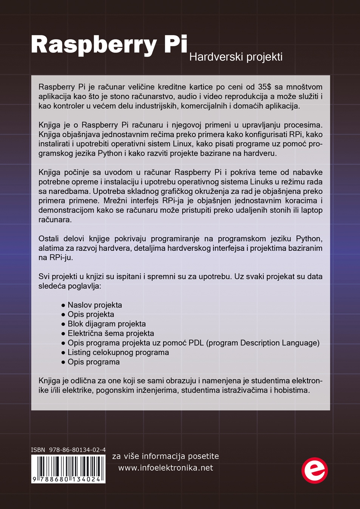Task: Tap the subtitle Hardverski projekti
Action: click(x=236, y=57)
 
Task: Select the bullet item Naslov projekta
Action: click(x=94, y=305)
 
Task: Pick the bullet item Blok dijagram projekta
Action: click(x=107, y=324)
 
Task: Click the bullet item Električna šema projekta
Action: click(x=111, y=333)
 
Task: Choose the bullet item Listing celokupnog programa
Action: click(x=118, y=352)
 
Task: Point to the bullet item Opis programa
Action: click(x=93, y=362)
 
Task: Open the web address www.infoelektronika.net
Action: click(x=165, y=468)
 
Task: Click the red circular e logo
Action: click(x=314, y=470)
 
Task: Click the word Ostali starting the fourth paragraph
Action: click(x=50, y=239)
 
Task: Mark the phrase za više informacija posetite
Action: click(x=165, y=456)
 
